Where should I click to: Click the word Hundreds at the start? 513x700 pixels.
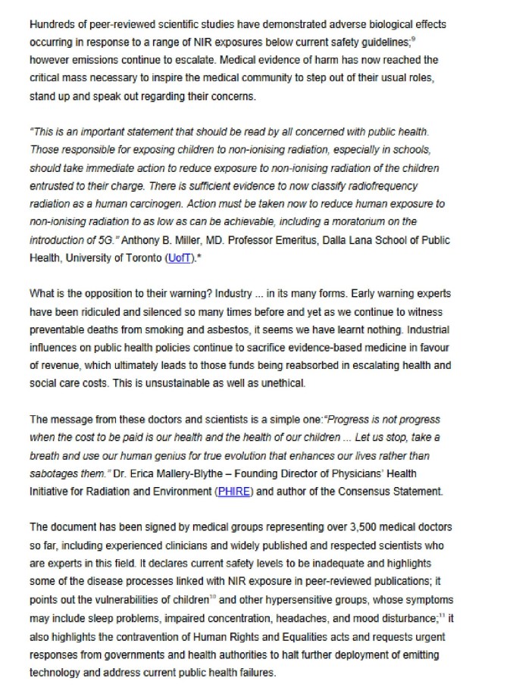pos(53,25)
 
